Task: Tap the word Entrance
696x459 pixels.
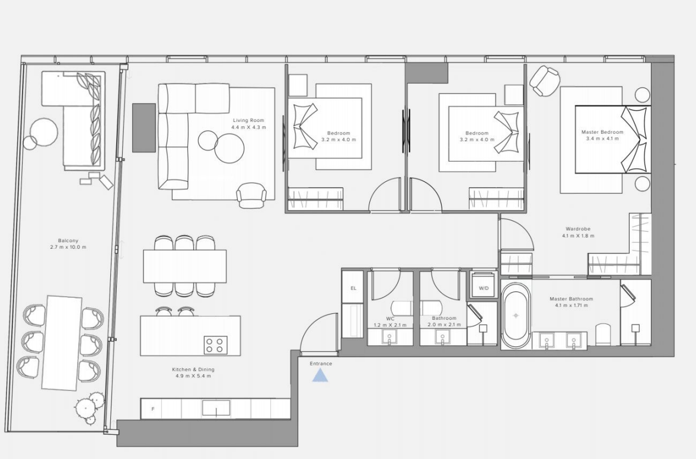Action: pyautogui.click(x=321, y=364)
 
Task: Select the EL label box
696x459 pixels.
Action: pyautogui.click(x=353, y=288)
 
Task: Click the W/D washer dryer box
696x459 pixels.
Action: pyautogui.click(x=483, y=288)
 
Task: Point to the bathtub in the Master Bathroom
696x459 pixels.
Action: pyautogui.click(x=516, y=316)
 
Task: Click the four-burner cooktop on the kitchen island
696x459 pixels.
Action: pyautogui.click(x=216, y=345)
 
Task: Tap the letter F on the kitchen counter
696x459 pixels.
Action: pyautogui.click(x=153, y=409)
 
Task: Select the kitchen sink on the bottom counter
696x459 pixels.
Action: pyautogui.click(x=216, y=408)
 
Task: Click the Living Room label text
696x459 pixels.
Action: pyautogui.click(x=248, y=120)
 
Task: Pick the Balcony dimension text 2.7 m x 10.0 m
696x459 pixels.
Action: pyautogui.click(x=68, y=247)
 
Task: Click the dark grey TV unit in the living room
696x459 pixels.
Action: pyautogui.click(x=144, y=128)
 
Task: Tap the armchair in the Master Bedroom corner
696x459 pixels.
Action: pyautogui.click(x=545, y=81)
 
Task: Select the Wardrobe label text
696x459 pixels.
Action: pyautogui.click(x=578, y=229)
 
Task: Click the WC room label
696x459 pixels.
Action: pyautogui.click(x=390, y=319)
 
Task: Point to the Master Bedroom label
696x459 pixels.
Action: pyautogui.click(x=602, y=131)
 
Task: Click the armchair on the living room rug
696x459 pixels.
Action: pyautogui.click(x=252, y=195)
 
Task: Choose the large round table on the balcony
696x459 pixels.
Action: pyautogui.click(x=44, y=131)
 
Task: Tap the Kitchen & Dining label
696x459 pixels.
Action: pyautogui.click(x=193, y=370)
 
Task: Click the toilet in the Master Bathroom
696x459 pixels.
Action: pyautogui.click(x=604, y=335)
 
